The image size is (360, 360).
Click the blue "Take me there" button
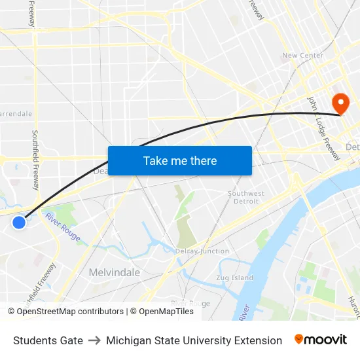tap(179, 161)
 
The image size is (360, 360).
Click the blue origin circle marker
tap(19, 223)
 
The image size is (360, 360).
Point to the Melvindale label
tap(114, 272)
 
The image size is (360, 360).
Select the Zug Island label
tap(234, 278)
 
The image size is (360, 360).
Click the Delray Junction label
tap(202, 251)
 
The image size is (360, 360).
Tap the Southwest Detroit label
tap(246, 197)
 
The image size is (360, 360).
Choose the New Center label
tap(302, 56)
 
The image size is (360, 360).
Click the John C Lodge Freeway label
tap(323, 128)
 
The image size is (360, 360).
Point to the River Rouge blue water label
tap(63, 231)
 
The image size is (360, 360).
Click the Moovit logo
tap(321, 340)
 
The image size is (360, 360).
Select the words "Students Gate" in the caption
tap(48, 340)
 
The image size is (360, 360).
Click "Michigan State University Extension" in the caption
tap(194, 340)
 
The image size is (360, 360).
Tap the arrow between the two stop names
tap(94, 340)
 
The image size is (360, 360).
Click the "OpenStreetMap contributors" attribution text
tap(70, 312)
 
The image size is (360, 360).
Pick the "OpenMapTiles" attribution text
tap(166, 312)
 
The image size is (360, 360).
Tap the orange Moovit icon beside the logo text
tap(299, 339)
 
